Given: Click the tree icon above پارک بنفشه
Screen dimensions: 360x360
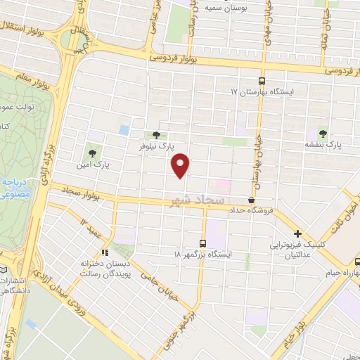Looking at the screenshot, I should (323, 132).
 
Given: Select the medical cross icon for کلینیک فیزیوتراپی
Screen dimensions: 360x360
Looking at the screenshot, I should (298, 234).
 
